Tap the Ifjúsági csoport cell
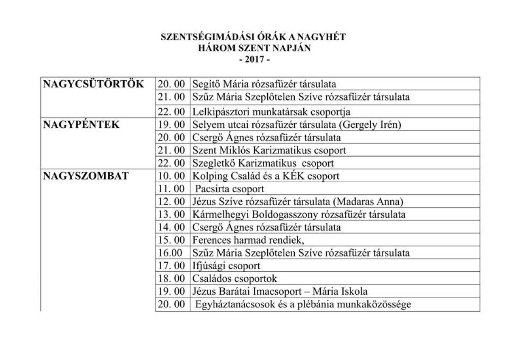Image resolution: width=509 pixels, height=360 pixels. point(226,266)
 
